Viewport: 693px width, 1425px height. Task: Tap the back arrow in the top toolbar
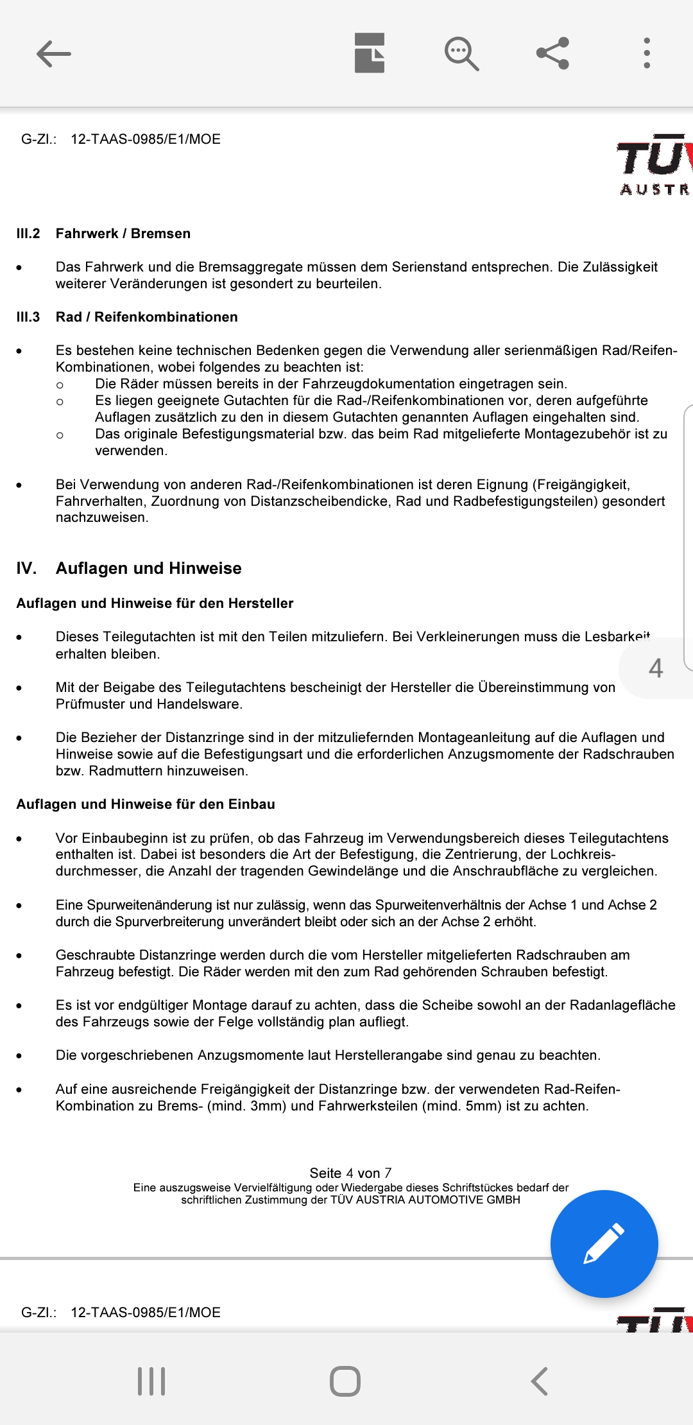click(54, 53)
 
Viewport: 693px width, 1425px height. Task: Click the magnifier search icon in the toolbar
click(461, 53)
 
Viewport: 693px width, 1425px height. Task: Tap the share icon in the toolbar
click(552, 53)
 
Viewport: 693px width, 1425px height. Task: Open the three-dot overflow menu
click(647, 53)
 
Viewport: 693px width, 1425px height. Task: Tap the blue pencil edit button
click(604, 1243)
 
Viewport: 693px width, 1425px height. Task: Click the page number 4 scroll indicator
click(656, 668)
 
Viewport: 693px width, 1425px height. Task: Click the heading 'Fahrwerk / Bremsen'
click(123, 234)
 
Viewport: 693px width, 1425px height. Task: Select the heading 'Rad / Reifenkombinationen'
click(146, 317)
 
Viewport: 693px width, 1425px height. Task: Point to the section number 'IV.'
click(26, 568)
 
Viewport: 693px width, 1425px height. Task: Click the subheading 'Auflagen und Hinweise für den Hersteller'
click(155, 603)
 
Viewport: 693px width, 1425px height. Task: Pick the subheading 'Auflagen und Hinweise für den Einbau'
click(146, 804)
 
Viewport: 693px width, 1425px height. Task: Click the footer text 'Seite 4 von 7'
click(350, 1173)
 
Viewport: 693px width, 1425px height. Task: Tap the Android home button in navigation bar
click(345, 1381)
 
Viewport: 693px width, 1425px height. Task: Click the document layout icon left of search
click(370, 53)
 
